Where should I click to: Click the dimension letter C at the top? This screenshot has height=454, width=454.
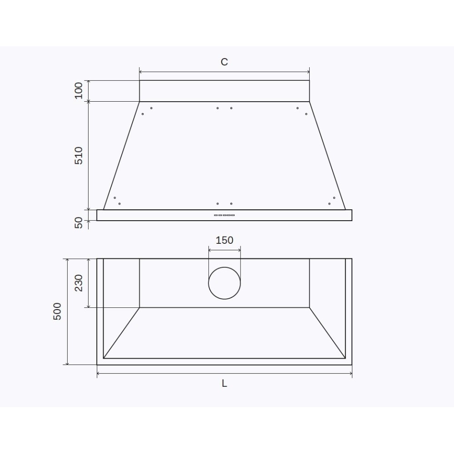tap(224, 62)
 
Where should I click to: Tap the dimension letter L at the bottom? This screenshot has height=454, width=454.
tap(224, 384)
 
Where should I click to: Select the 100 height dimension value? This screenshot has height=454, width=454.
tap(79, 90)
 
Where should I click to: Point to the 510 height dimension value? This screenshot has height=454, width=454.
tap(79, 155)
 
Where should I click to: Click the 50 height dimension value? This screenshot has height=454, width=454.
tap(79, 223)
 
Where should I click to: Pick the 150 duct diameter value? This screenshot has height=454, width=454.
tap(224, 240)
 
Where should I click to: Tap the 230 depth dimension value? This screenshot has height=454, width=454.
tap(79, 283)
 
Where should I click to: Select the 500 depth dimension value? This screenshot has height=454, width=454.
tap(57, 311)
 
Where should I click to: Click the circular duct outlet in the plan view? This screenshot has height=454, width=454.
tap(224, 283)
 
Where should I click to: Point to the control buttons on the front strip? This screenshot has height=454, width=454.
tap(224, 215)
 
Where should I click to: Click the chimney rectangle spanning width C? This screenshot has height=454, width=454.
tap(224, 91)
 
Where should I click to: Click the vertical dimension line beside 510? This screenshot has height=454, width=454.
tap(89, 155)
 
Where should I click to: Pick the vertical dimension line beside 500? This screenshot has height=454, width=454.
tap(68, 311)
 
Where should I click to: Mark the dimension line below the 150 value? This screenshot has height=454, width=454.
tap(224, 248)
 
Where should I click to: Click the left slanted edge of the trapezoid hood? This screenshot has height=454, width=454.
tap(121, 156)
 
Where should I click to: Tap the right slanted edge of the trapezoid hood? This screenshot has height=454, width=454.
tap(327, 156)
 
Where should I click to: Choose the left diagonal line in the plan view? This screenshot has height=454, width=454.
tap(121, 333)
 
